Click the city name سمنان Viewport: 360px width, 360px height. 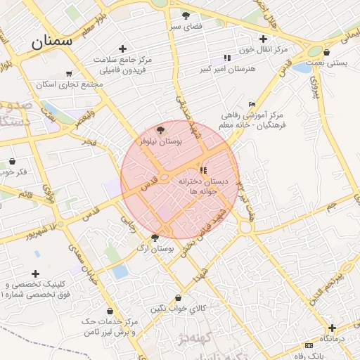click(51, 41)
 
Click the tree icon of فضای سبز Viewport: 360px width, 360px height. click(186, 15)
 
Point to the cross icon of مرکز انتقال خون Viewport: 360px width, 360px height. click(263, 39)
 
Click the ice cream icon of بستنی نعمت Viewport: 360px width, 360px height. click(327, 51)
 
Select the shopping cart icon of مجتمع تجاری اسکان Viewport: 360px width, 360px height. click(68, 73)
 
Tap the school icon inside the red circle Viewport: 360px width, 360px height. click(203, 170)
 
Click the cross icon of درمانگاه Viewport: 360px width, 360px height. click(331, 328)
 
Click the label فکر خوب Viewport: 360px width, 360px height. click(14, 172)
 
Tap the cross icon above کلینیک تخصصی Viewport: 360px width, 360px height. click(35, 273)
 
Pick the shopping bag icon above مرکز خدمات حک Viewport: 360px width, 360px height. click(110, 310)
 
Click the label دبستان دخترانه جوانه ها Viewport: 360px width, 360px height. click(200, 186)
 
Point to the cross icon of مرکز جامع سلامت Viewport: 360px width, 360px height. click(122, 49)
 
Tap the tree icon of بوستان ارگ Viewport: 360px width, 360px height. click(155, 237)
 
